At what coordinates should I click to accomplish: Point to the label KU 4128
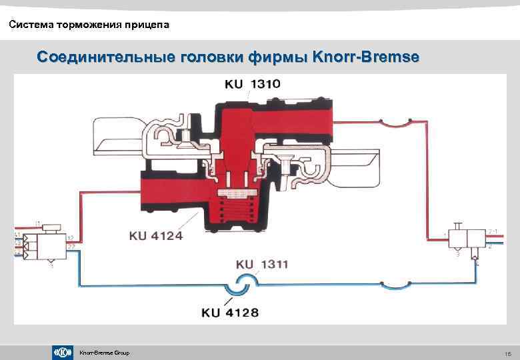point(229,312)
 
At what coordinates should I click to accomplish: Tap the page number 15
point(507,353)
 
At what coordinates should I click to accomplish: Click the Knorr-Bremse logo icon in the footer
point(62,352)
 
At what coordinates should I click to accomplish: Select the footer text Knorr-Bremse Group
point(104,353)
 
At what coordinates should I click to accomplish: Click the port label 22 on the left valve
point(71,247)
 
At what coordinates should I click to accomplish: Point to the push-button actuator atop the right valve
point(458,226)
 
